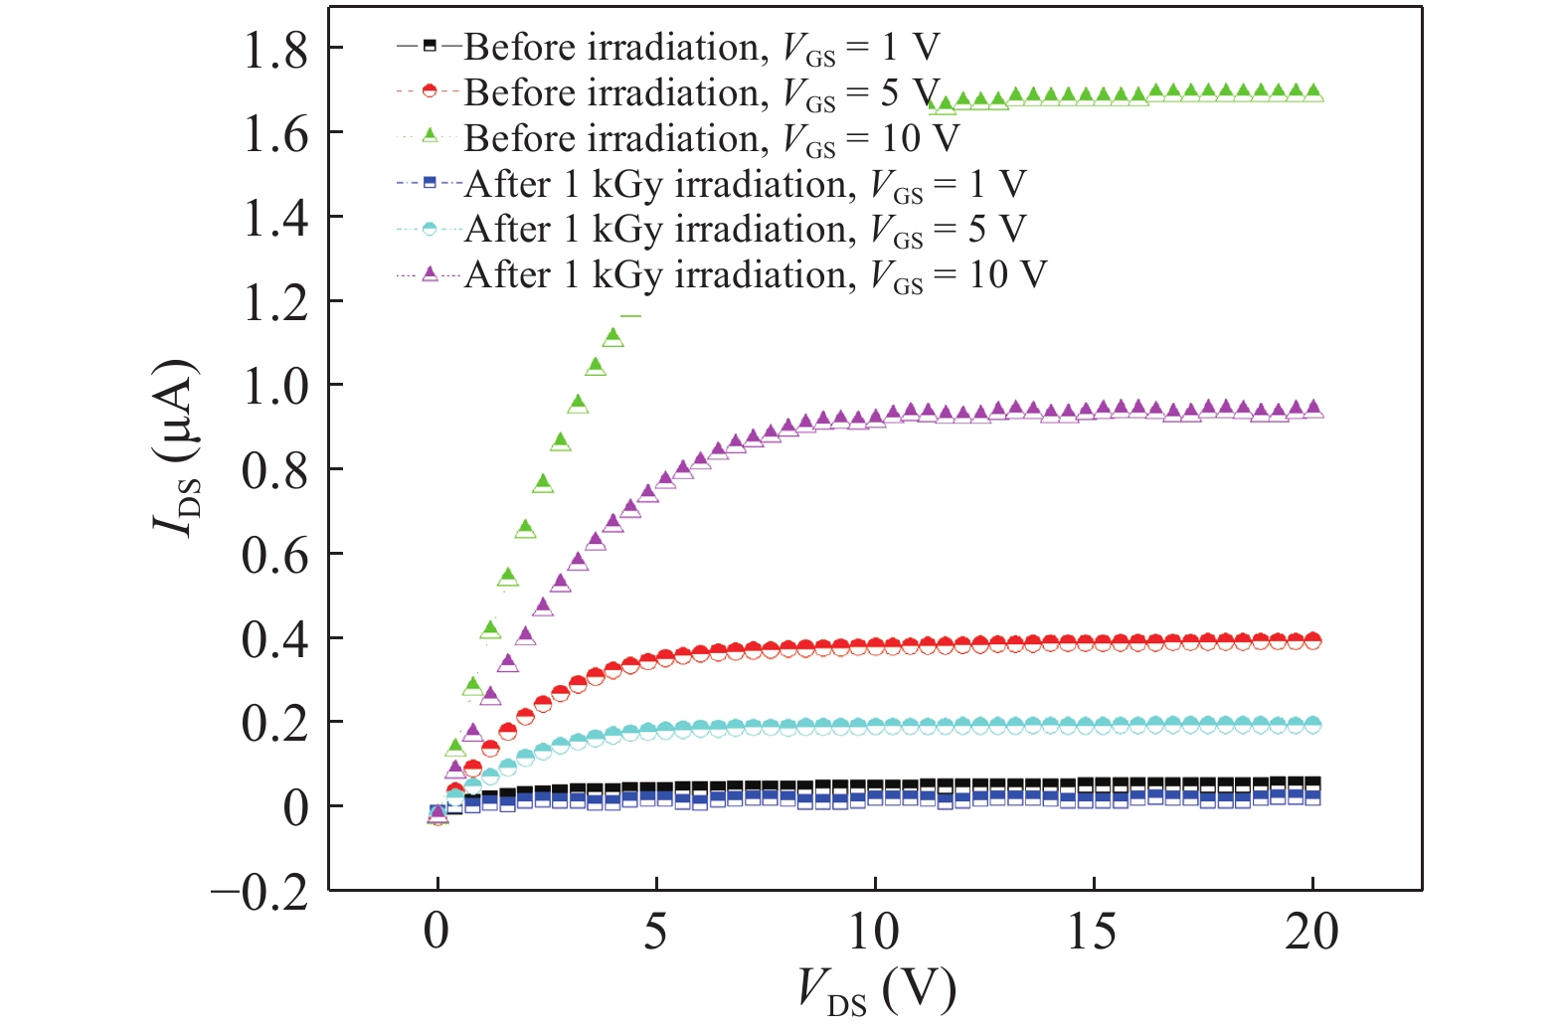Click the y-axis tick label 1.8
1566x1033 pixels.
(x=275, y=50)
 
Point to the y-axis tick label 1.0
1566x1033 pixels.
(x=275, y=386)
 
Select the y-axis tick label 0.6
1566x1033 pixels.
(x=275, y=555)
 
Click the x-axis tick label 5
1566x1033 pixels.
(x=655, y=932)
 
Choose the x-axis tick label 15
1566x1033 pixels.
(x=1093, y=932)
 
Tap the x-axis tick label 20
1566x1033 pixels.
(x=1311, y=932)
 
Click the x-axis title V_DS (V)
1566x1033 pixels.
(x=876, y=990)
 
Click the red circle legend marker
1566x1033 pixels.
(x=430, y=91)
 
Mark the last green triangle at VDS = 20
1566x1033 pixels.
(x=1312, y=92)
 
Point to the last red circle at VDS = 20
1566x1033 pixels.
(x=1312, y=641)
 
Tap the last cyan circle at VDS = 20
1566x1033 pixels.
(x=1312, y=725)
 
